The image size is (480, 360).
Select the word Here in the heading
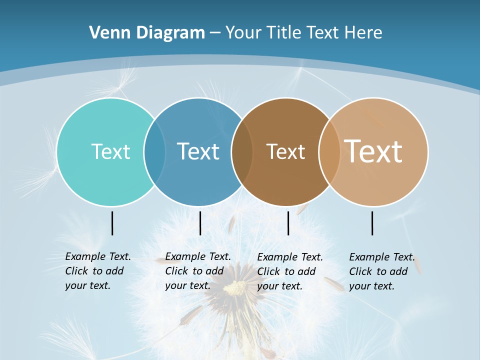point(363,33)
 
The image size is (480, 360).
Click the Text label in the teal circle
point(110,151)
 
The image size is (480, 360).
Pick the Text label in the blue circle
point(198,151)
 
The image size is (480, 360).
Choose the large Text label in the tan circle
point(373,151)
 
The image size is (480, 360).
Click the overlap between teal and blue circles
point(154,152)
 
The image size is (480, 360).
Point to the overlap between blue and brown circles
point(242,152)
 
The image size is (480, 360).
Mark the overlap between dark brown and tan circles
point(329,152)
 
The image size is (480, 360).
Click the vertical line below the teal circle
point(112,223)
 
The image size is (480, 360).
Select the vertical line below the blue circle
point(200,223)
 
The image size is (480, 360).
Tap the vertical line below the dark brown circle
point(288,223)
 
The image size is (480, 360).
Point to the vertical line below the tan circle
point(372,223)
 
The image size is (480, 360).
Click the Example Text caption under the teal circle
point(97,271)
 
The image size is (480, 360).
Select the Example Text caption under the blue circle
point(197,271)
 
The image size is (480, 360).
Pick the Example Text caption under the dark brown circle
point(289,271)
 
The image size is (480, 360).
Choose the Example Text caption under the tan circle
point(381,271)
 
